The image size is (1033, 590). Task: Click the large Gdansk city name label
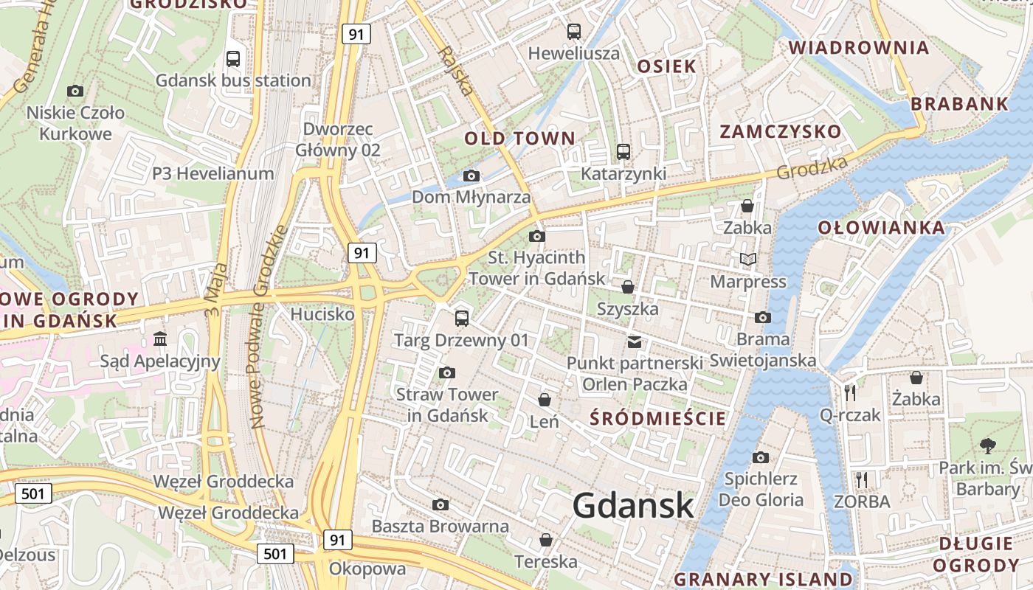click(x=633, y=506)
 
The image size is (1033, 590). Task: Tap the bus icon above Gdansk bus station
click(x=233, y=58)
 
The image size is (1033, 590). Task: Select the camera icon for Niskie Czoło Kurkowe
click(x=75, y=91)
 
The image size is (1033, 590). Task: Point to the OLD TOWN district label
click(x=519, y=138)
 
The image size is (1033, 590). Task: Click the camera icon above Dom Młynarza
click(x=471, y=176)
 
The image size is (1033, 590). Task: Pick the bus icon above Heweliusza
click(x=574, y=31)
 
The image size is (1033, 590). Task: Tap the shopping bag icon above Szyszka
click(x=628, y=286)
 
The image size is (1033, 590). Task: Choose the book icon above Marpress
click(x=748, y=259)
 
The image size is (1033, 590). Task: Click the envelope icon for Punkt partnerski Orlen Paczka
click(x=635, y=341)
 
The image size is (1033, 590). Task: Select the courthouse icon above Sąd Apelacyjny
click(x=160, y=339)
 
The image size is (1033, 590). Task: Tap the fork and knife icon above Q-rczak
click(x=850, y=392)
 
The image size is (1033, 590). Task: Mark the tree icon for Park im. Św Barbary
click(x=987, y=445)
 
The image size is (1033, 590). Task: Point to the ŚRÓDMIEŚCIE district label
click(x=659, y=419)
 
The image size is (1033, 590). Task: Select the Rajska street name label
click(x=455, y=72)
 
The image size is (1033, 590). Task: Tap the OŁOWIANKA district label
click(x=881, y=227)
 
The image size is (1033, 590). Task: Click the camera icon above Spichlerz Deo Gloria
click(x=761, y=457)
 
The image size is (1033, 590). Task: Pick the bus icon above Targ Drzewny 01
click(x=462, y=318)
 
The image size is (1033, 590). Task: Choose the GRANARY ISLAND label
click(x=764, y=579)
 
